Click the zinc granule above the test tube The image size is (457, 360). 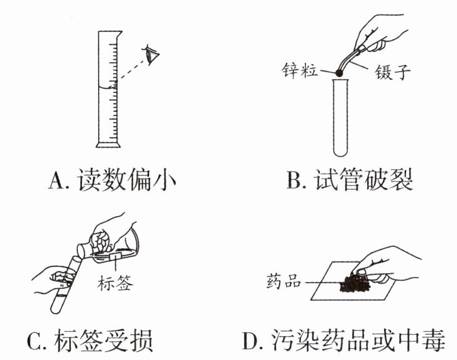tap(340, 74)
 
